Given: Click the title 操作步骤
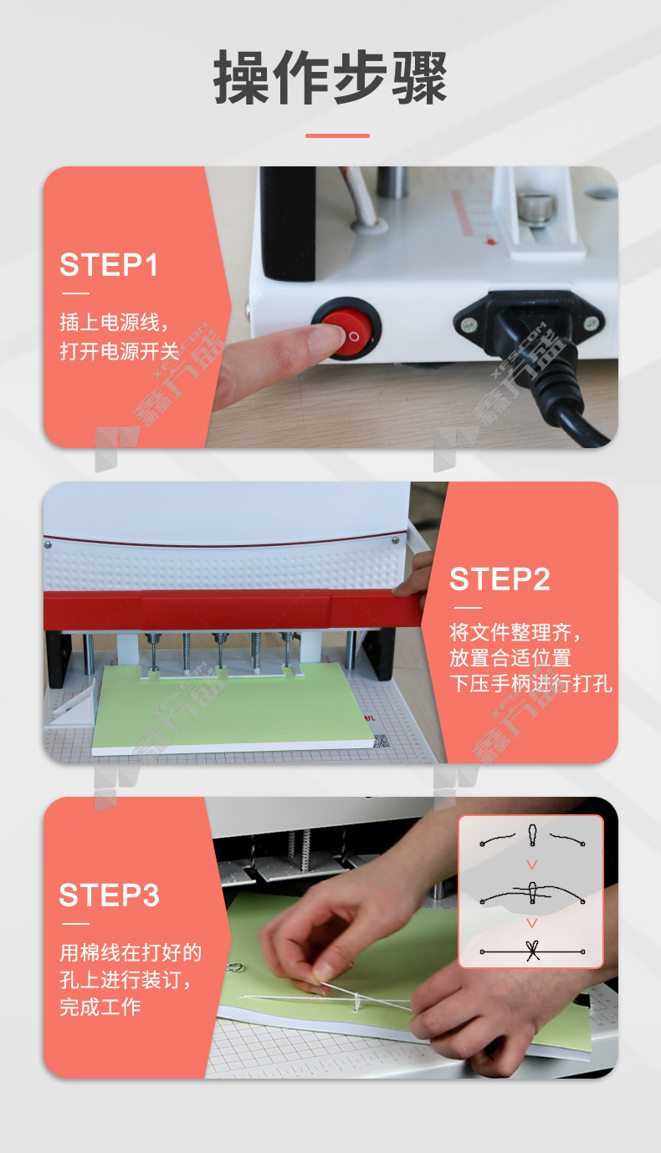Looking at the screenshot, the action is [x=330, y=77].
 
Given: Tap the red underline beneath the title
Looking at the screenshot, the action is [x=337, y=136].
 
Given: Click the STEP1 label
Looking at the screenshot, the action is [x=109, y=265].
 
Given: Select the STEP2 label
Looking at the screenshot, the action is [x=500, y=579].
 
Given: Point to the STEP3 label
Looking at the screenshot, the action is [x=110, y=895].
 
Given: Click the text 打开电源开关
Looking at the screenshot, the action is [x=120, y=351].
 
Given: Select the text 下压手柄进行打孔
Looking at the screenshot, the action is [x=530, y=684].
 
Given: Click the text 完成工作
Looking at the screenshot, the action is [x=100, y=1007].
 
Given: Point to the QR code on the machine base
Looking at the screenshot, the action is [x=381, y=741].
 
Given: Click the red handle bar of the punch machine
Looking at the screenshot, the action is [x=232, y=610].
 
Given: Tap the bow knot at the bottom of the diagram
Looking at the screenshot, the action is [x=532, y=951].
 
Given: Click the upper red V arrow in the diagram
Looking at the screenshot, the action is [x=532, y=865].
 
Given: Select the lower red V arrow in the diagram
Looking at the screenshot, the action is [x=532, y=923].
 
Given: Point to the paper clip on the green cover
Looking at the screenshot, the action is [x=235, y=967].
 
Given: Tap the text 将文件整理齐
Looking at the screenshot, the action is [x=510, y=631].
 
